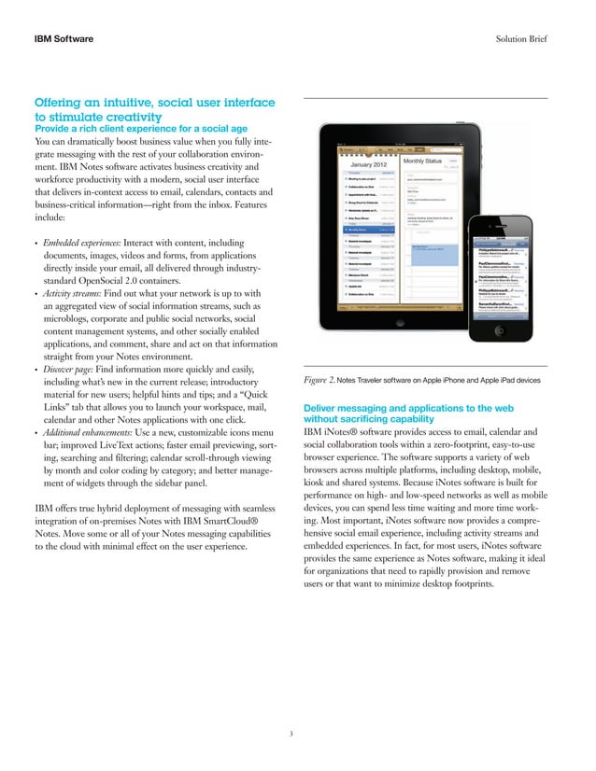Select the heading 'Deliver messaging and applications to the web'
pos(411,408)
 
